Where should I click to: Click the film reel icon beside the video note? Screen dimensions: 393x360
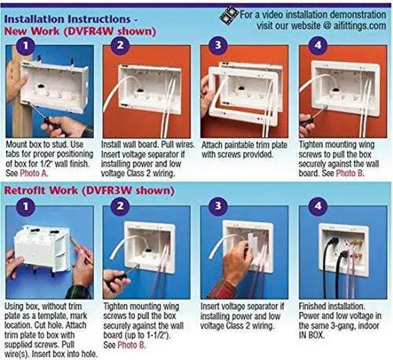point(228,15)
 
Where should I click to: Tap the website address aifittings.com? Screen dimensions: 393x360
point(359,26)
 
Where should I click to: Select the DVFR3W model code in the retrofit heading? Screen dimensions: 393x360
point(109,191)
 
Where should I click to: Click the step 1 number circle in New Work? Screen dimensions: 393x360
point(26,45)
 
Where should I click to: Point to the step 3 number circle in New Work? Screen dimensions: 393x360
point(219,45)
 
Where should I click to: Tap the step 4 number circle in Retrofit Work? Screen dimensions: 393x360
point(318,206)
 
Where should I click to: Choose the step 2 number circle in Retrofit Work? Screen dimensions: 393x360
point(120,206)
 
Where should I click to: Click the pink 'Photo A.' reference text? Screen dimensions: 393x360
point(34,173)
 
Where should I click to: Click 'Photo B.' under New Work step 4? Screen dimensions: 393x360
point(350,173)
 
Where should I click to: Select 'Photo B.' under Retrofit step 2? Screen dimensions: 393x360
point(131,345)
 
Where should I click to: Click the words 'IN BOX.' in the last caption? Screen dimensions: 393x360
point(311,335)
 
